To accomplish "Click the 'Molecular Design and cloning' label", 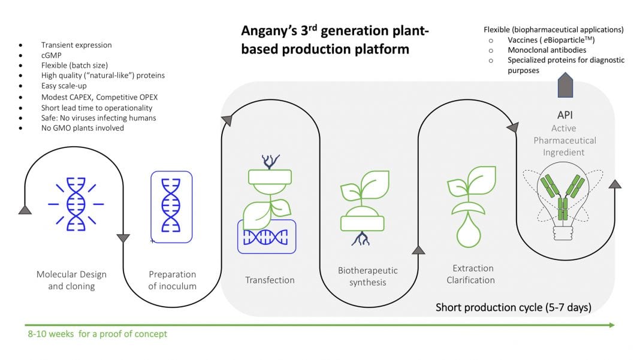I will point(71,280).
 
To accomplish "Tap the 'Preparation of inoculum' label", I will point(172,280).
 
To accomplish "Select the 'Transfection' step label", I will point(270,280).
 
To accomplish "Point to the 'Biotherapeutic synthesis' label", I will point(368,276).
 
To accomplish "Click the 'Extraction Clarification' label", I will point(473,274).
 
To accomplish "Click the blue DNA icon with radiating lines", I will point(76,204).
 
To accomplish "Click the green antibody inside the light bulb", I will point(563,195).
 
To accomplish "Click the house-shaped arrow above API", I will point(566,86).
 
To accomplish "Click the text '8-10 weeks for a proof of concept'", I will point(96,334).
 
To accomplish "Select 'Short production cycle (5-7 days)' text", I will point(514,308).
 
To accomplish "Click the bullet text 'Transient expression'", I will point(76,45).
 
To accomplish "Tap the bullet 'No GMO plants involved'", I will point(82,128).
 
